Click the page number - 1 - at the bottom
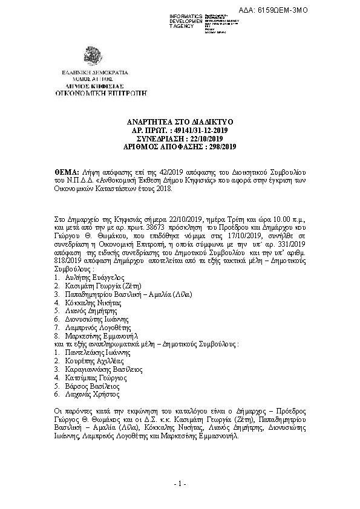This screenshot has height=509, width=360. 180,484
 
